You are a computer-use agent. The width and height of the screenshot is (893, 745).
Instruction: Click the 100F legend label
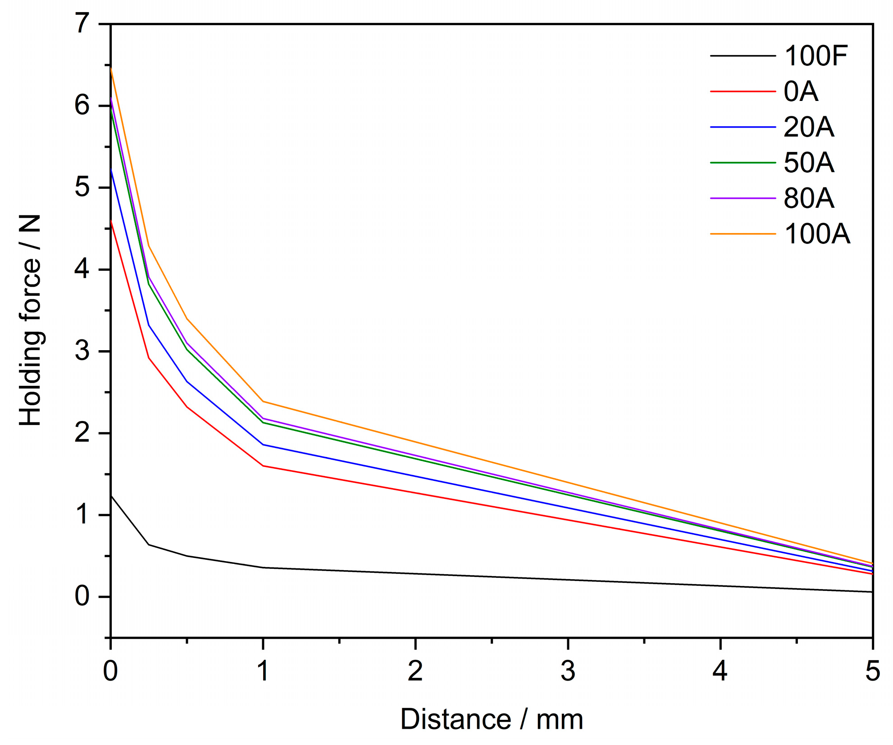pyautogui.click(x=816, y=56)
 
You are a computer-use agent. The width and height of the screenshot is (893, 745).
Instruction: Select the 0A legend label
pyautogui.click(x=801, y=91)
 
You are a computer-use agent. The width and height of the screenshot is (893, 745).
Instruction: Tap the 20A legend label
pyautogui.click(x=809, y=127)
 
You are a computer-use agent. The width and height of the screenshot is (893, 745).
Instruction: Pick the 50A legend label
pyautogui.click(x=809, y=163)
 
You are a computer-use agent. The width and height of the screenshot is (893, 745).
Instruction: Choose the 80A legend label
pyautogui.click(x=809, y=198)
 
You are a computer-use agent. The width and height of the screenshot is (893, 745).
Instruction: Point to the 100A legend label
pyautogui.click(x=817, y=234)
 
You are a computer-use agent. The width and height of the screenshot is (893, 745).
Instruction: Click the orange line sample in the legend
pyautogui.click(x=743, y=234)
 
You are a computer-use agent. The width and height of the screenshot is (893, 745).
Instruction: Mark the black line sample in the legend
pyautogui.click(x=743, y=56)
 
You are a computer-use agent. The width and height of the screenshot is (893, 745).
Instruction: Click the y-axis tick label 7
pyautogui.click(x=82, y=23)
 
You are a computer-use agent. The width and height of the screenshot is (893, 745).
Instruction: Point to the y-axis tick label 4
pyautogui.click(x=82, y=270)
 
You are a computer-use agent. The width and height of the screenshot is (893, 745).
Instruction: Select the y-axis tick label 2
pyautogui.click(x=82, y=433)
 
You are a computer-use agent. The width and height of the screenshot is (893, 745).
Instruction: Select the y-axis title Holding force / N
pyautogui.click(x=31, y=320)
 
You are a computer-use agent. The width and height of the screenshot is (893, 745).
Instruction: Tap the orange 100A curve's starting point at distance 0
pyautogui.click(x=111, y=68)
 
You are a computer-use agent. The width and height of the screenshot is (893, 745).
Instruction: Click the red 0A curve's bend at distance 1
pyautogui.click(x=263, y=466)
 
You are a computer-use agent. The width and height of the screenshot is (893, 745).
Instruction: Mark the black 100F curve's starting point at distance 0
pyautogui.click(x=111, y=495)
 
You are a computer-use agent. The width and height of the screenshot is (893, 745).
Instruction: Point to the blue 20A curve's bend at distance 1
pyautogui.click(x=263, y=444)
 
